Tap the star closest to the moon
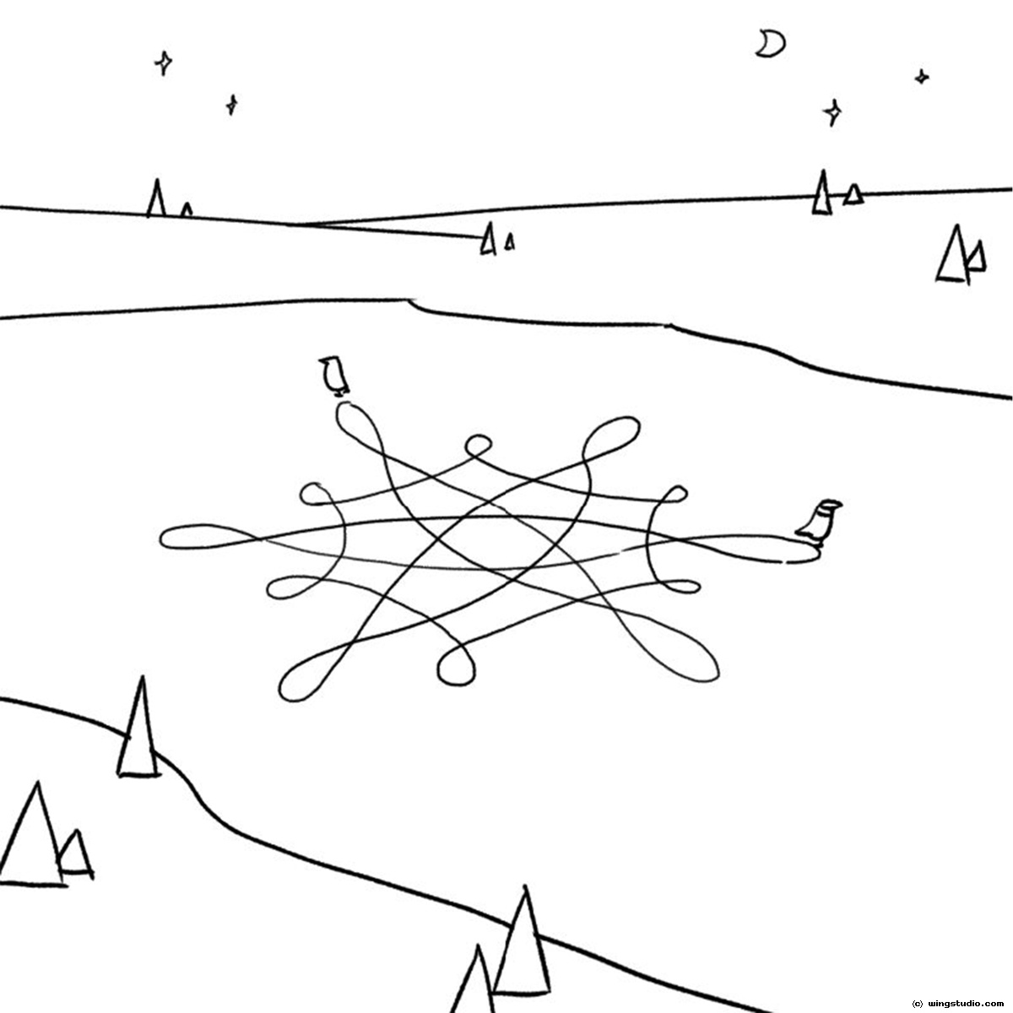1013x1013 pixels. coord(832,112)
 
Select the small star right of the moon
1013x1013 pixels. coord(922,77)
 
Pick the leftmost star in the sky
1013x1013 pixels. coord(164,63)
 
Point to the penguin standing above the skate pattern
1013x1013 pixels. coord(333,376)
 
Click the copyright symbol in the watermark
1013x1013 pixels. coord(918,1003)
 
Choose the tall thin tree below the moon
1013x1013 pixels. coord(822,192)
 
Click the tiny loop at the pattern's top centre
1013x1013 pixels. coord(478,446)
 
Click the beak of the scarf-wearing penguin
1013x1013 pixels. coord(838,505)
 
